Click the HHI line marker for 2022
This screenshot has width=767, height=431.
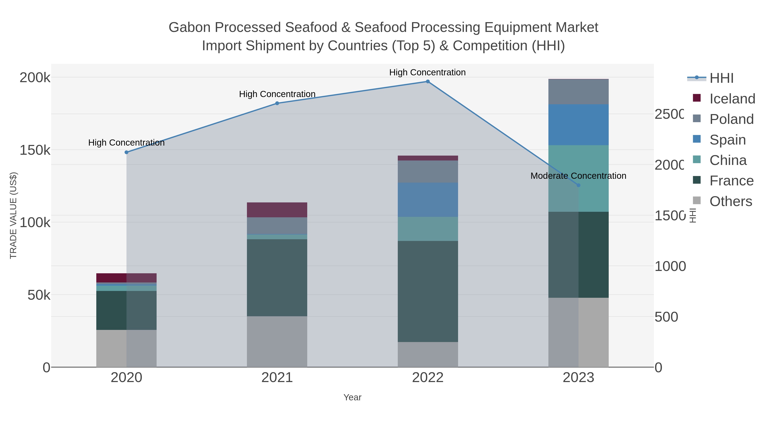pyautogui.click(x=428, y=82)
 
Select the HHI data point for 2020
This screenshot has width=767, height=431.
pyautogui.click(x=126, y=152)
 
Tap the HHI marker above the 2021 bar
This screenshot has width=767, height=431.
pyautogui.click(x=277, y=103)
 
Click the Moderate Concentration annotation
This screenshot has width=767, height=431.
pyautogui.click(x=578, y=176)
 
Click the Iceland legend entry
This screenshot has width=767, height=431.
pyautogui.click(x=732, y=99)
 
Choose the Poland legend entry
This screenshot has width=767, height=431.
pyautogui.click(x=731, y=119)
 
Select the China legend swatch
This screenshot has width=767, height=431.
pyautogui.click(x=697, y=160)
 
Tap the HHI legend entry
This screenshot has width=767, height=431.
pyautogui.click(x=721, y=78)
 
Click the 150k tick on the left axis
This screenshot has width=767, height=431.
pyautogui.click(x=35, y=150)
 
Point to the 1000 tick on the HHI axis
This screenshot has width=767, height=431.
pyautogui.click(x=670, y=266)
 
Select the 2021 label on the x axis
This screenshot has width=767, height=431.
pyautogui.click(x=277, y=378)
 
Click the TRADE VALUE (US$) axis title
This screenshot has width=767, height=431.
pyautogui.click(x=13, y=215)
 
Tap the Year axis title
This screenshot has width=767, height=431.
pyautogui.click(x=352, y=397)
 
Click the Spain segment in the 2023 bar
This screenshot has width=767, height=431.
pyautogui.click(x=578, y=125)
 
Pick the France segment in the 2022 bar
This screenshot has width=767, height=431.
pyautogui.click(x=428, y=292)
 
